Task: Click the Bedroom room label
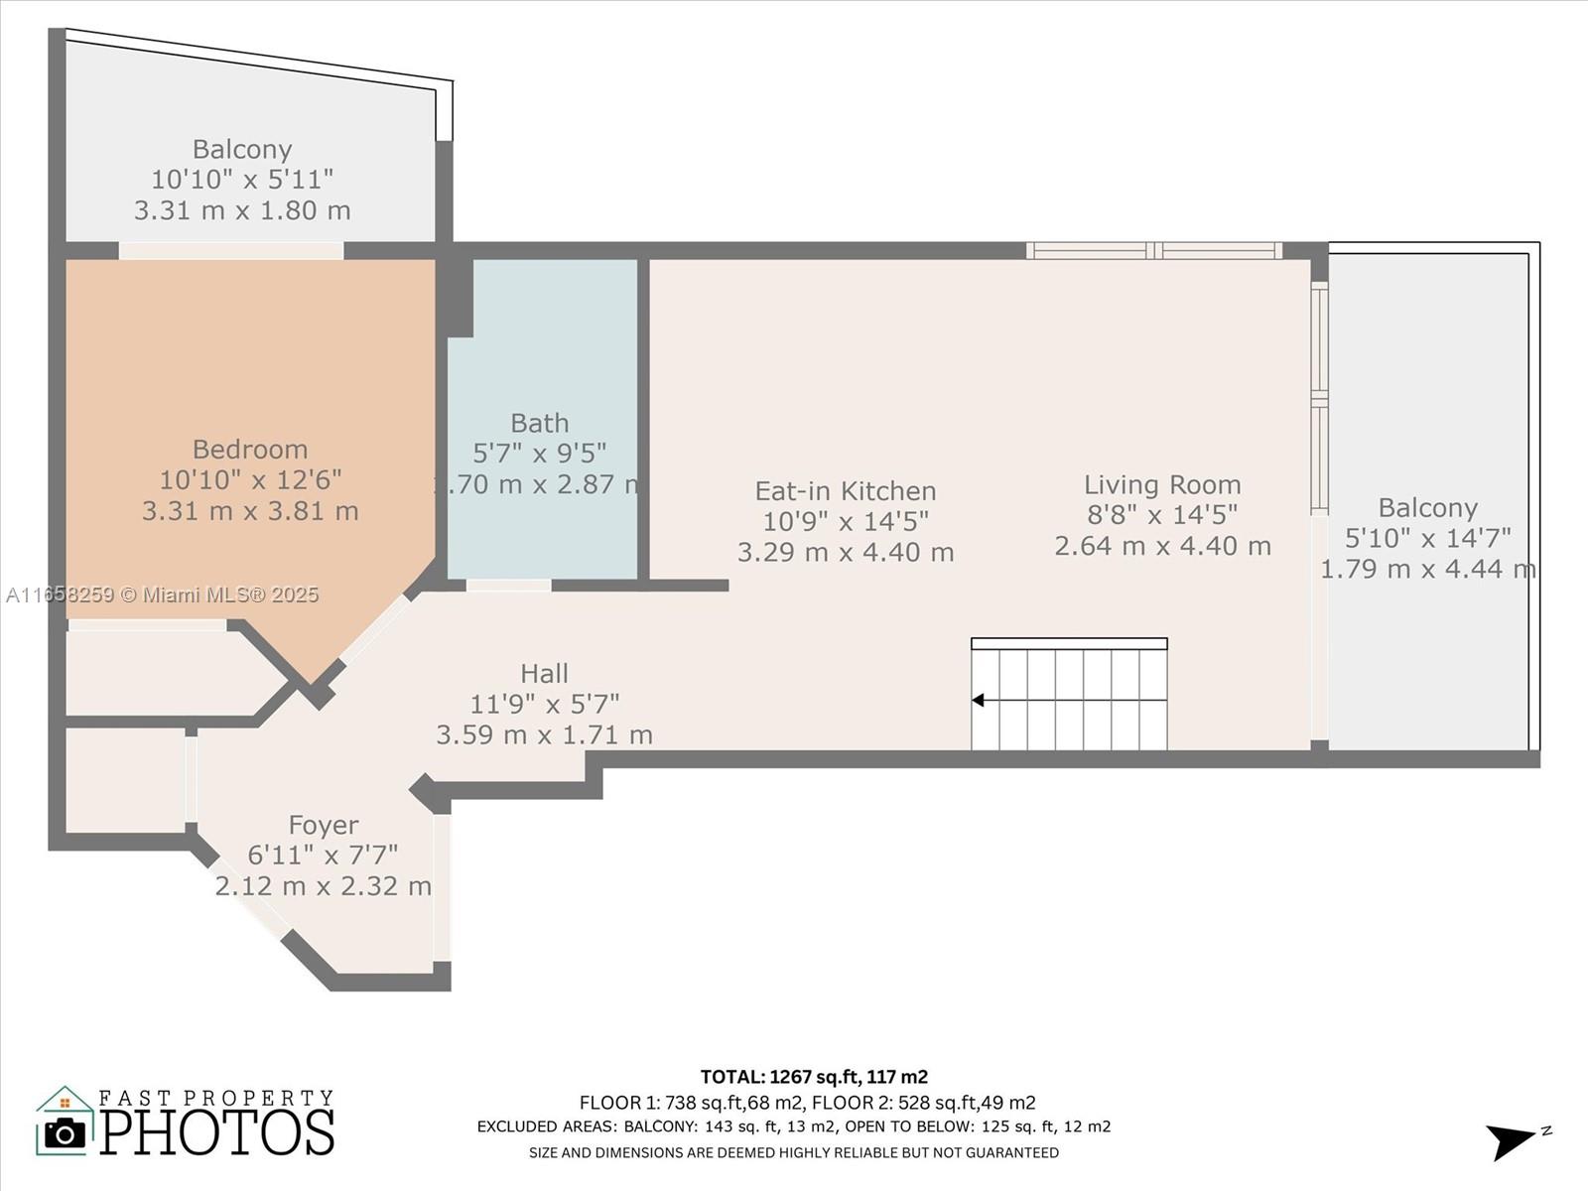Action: pos(249,450)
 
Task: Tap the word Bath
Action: pos(540,423)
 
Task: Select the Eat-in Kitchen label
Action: pos(846,491)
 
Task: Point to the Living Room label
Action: pos(1162,484)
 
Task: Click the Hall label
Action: pos(544,674)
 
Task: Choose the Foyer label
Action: pos(324,825)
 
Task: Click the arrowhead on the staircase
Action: pos(979,700)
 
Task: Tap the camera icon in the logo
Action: pos(66,1133)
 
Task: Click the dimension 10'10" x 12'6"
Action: pos(250,480)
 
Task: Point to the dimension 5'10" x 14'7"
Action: pos(1427,538)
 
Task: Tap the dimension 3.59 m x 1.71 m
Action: pos(544,734)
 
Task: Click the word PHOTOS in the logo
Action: pos(217,1132)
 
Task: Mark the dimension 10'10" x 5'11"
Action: pos(242,180)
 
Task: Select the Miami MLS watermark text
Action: pos(163,595)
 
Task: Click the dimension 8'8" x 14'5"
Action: pos(1162,515)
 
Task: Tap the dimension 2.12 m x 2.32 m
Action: pos(324,886)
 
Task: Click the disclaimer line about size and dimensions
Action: pos(794,1152)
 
